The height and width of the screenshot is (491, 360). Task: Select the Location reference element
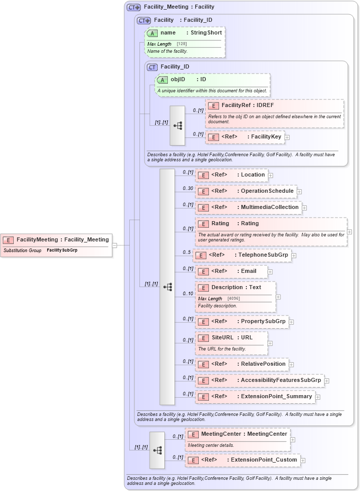(x=231, y=175)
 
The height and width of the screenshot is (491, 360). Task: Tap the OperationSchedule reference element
(x=245, y=191)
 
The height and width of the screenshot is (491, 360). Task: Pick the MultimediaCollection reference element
(x=248, y=207)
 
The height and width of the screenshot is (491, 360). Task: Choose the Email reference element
(x=227, y=271)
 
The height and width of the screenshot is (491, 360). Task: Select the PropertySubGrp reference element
(x=241, y=322)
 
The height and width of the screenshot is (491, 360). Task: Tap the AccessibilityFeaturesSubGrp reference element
(x=259, y=380)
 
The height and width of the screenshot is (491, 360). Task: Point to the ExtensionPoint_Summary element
(x=255, y=397)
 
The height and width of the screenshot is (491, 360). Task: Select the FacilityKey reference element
(x=245, y=137)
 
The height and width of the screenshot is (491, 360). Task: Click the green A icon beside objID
(x=162, y=80)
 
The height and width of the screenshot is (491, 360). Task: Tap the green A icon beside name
(x=152, y=33)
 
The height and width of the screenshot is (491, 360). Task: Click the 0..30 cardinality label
(x=188, y=189)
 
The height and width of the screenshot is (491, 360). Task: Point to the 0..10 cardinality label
(x=188, y=294)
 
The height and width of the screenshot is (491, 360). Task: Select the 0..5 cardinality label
(x=187, y=253)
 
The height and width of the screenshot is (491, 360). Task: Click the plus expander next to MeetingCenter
(x=293, y=440)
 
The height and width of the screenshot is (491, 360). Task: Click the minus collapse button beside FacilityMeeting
(x=115, y=245)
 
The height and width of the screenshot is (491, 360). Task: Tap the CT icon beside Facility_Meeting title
(x=134, y=7)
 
